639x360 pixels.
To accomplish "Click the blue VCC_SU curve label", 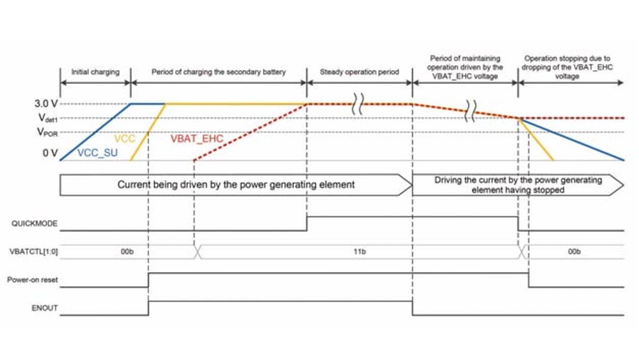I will click(97, 153).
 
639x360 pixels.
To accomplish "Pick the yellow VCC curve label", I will click(125, 139).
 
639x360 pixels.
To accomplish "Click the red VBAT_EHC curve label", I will click(197, 139).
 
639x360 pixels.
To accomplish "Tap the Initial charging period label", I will click(95, 72).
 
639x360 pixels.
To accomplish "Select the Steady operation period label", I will click(359, 72).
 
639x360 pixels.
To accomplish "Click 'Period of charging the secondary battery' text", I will click(219, 72).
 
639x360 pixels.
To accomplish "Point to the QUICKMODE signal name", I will click(34, 224).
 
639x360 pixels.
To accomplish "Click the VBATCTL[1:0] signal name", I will click(34, 252).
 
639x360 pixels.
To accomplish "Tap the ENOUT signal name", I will click(44, 309).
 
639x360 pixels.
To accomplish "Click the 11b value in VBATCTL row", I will click(359, 252).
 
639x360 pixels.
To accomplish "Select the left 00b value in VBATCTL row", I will click(127, 252).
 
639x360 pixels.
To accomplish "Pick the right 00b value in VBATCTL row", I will click(574, 252).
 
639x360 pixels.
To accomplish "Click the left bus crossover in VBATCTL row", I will click(198, 252).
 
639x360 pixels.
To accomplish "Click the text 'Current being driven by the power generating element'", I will click(236, 185).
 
